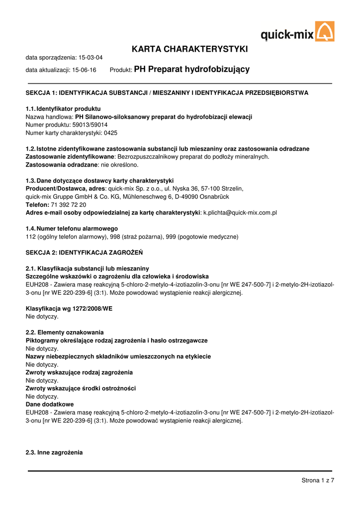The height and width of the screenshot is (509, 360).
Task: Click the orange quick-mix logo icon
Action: click(325, 31)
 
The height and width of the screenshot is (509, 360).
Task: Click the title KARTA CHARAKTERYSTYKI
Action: click(189, 49)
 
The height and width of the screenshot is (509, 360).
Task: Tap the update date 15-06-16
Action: click(84, 71)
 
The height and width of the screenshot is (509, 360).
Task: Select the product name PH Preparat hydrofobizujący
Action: click(192, 70)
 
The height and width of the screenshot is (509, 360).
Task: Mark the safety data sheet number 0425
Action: click(110, 133)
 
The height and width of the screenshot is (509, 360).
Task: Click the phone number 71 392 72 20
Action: click(69, 205)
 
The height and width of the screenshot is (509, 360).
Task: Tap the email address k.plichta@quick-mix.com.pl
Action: click(240, 213)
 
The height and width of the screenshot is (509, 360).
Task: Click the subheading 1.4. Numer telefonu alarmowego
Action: click(72, 229)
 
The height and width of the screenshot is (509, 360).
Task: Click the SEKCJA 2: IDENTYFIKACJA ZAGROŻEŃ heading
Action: click(84, 253)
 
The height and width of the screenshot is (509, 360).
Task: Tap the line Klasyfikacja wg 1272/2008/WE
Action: click(69, 309)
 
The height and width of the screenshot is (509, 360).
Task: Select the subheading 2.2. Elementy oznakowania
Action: click(65, 332)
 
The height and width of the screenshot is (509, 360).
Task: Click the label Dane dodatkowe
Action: click(49, 405)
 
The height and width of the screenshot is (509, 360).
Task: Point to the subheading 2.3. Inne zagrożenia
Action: click(54, 453)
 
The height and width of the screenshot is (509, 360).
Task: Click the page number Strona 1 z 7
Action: click(318, 480)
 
